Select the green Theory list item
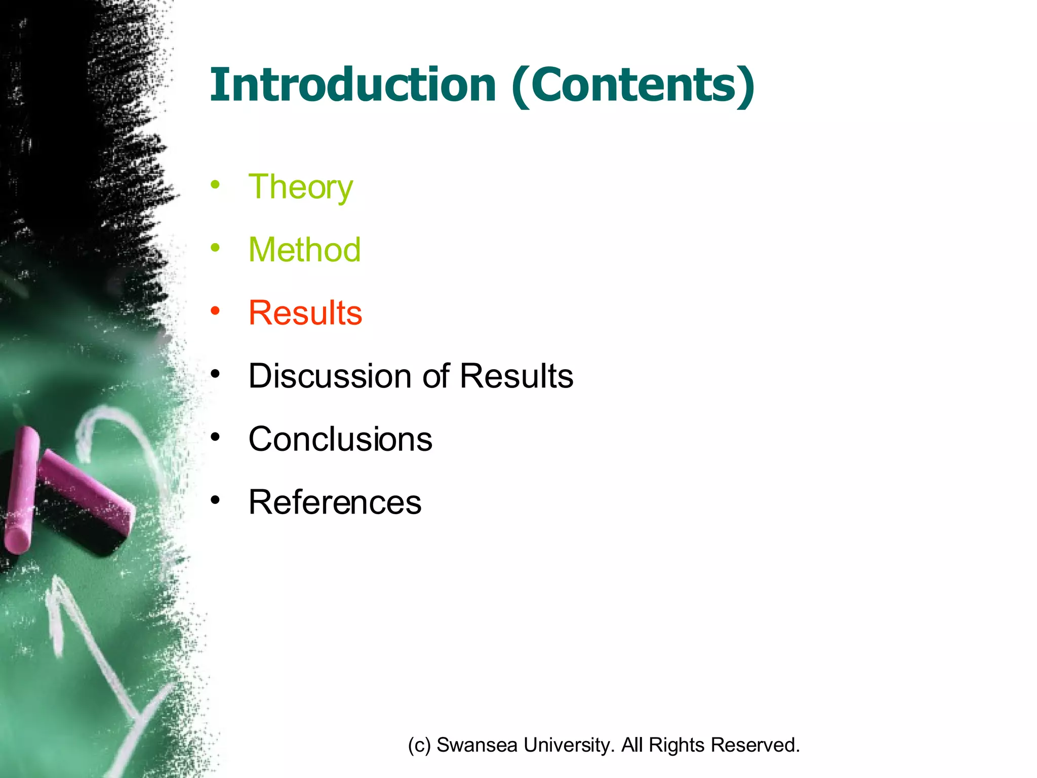pos(300,187)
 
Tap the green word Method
pos(304,250)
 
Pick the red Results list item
pos(305,313)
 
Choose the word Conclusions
pos(340,439)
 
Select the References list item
pos(335,502)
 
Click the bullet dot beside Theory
pos(216,184)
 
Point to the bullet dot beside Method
pos(216,248)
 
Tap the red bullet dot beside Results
pos(216,310)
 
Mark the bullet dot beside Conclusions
pos(216,437)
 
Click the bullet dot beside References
pos(216,500)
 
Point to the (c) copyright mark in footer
pos(419,745)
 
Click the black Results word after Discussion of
pos(516,376)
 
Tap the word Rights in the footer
pos(676,745)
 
